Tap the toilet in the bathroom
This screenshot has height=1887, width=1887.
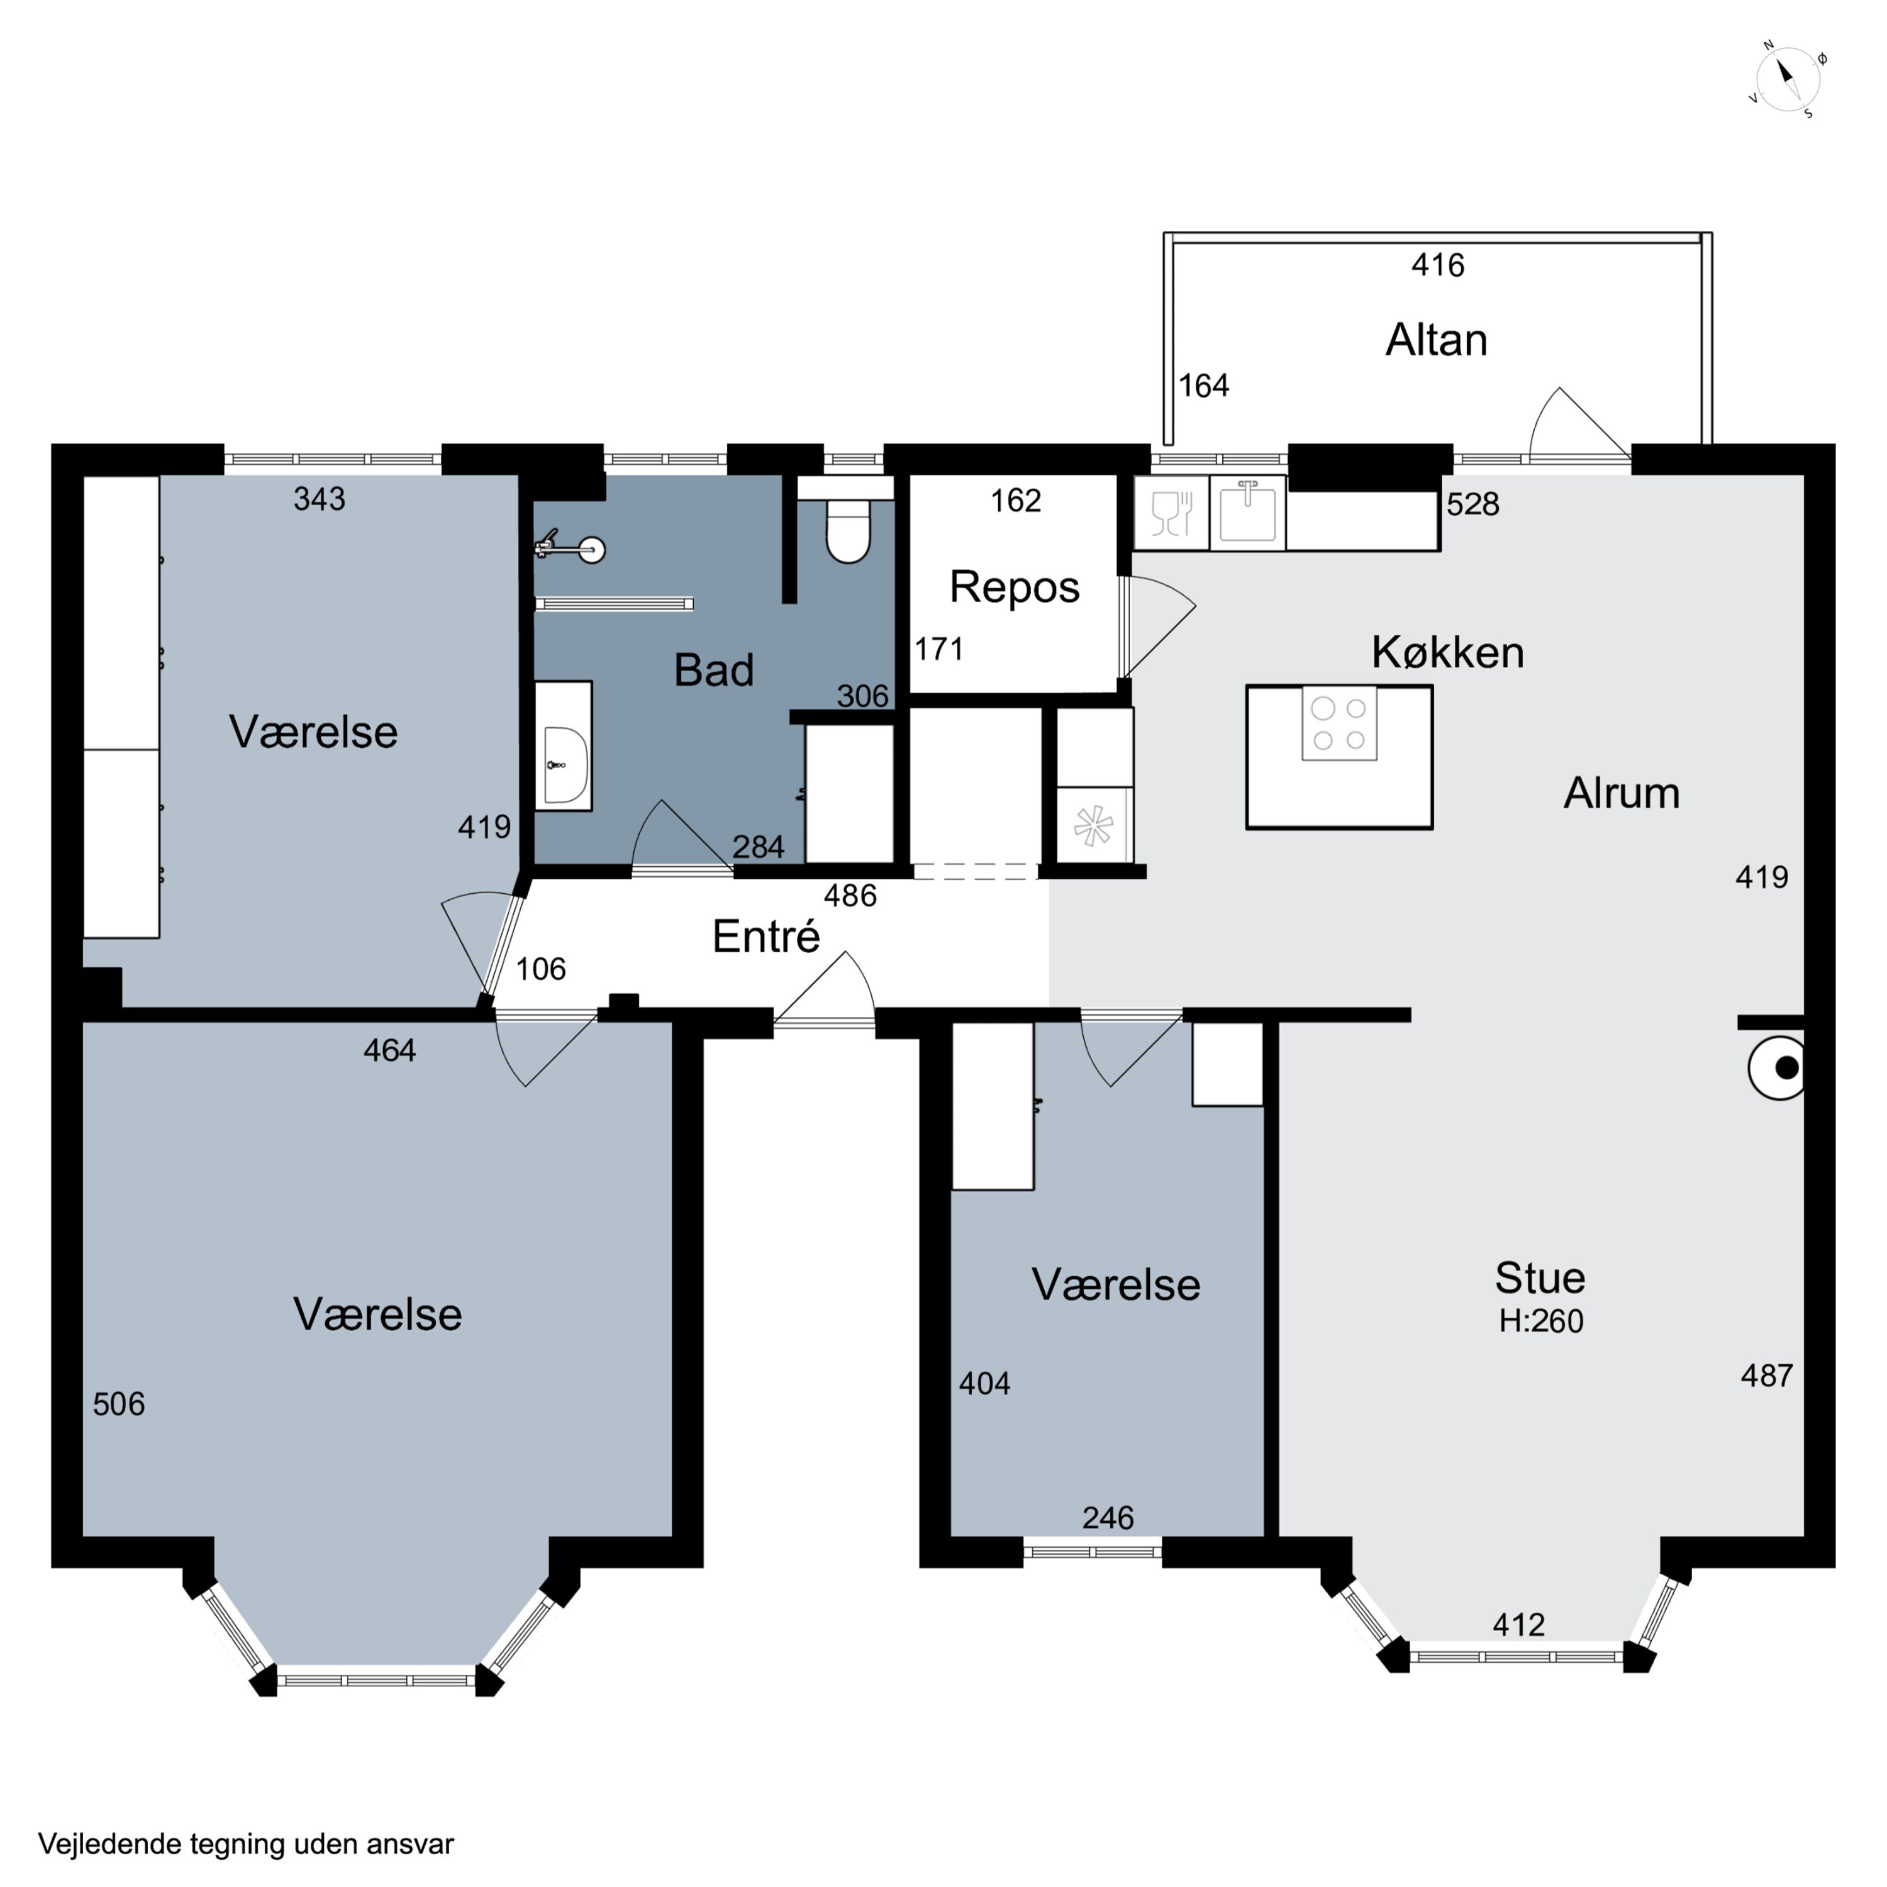848,532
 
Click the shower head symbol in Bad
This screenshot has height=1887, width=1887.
571,548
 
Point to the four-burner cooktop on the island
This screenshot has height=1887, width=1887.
1339,724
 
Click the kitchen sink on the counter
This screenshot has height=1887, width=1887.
1247,512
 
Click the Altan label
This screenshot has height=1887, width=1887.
1436,340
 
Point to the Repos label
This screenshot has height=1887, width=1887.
1014,587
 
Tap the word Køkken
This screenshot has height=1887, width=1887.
1447,652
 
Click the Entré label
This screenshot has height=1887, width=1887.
765,936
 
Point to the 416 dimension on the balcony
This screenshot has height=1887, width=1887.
1438,265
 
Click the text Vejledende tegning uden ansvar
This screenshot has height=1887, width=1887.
246,1844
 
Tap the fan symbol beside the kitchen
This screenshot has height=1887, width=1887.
1093,825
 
